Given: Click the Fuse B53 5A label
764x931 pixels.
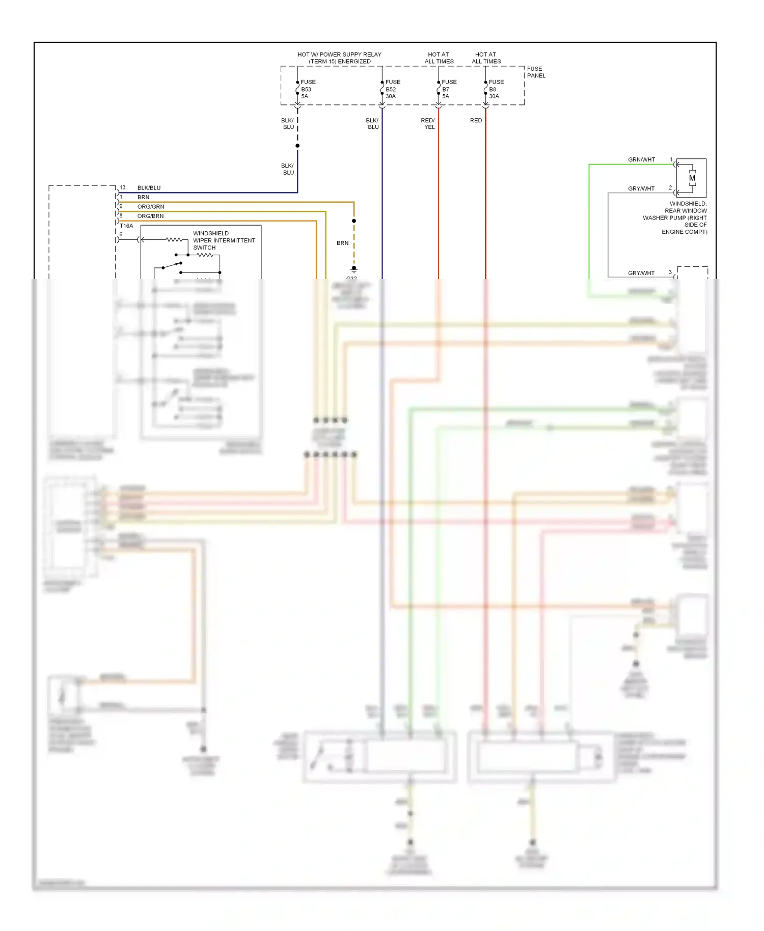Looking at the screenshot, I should (x=308, y=89).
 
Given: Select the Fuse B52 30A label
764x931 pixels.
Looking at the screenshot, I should (x=392, y=89).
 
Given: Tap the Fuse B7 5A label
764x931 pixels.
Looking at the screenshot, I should (x=449, y=89).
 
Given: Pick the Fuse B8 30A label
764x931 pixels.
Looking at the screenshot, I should (x=496, y=89).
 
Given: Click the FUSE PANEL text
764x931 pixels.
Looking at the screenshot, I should (x=536, y=72).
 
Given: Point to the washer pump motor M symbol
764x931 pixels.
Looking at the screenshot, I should (x=692, y=178).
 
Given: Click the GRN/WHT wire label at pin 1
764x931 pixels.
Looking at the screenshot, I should (x=641, y=160).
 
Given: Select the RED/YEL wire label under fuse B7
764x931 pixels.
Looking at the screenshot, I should (x=428, y=124).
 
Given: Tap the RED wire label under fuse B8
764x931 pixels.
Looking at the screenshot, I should (x=476, y=121).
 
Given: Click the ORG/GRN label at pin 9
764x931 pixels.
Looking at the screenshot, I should (x=151, y=207).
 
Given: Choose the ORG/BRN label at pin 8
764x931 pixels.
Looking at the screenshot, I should (x=150, y=216).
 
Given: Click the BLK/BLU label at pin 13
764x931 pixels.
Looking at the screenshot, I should (x=149, y=188).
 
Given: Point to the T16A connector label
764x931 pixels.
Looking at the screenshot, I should (x=126, y=226).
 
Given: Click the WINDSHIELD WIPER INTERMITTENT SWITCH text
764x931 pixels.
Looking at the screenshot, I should (x=224, y=240).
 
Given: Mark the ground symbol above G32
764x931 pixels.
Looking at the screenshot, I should (x=354, y=269).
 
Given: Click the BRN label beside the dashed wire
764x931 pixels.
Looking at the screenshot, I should (x=342, y=243).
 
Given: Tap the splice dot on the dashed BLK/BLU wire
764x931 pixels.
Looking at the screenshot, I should (x=297, y=146).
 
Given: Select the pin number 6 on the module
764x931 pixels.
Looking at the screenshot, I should (x=121, y=235).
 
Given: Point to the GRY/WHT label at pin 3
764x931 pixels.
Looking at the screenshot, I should (x=641, y=273).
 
